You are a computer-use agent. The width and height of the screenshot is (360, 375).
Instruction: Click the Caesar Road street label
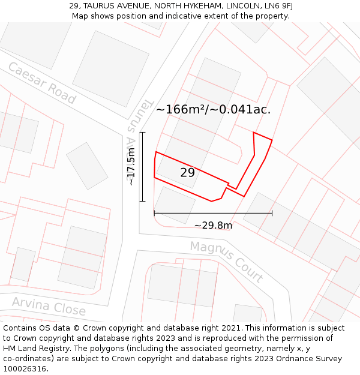41,83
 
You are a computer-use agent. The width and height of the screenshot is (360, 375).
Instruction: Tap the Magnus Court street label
226,262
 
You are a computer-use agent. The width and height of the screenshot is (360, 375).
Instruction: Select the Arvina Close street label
49,306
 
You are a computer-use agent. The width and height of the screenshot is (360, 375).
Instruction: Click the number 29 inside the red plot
187,173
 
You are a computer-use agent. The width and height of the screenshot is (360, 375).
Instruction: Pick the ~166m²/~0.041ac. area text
213,109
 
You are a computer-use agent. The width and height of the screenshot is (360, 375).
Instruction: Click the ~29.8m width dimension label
212,226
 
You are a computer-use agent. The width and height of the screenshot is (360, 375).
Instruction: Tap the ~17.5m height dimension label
131,167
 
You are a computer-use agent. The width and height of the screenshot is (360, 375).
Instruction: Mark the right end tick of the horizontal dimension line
272,212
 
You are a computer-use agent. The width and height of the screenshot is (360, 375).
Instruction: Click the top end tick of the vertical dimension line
142,132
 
